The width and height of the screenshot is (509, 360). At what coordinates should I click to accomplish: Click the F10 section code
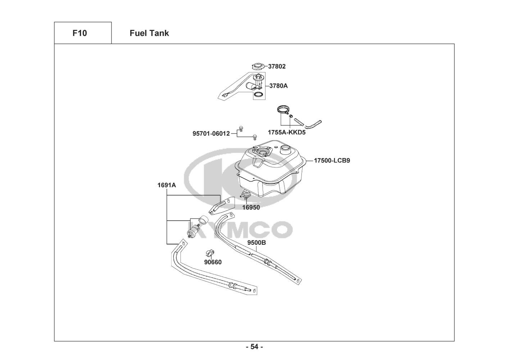coord(79,33)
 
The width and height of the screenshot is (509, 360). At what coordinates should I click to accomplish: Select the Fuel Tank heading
coord(149,33)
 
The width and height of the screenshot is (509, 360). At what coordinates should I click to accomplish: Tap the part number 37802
coord(277,67)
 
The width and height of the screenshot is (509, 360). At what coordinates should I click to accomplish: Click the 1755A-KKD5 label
coord(287,132)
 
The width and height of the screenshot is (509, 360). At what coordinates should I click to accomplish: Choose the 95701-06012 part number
coord(211,134)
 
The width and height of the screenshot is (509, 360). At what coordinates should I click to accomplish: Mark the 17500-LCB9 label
coord(332,161)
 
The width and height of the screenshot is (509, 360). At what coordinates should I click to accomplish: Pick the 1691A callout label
coord(167,185)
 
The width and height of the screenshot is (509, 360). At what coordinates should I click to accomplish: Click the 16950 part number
coord(251,207)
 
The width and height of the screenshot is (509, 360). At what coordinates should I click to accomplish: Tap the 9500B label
coord(256,243)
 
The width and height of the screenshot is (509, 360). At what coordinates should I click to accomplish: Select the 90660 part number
coord(213,262)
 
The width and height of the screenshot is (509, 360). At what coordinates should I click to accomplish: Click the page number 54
coord(254,347)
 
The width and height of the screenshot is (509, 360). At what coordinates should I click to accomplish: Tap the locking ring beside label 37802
coord(258,66)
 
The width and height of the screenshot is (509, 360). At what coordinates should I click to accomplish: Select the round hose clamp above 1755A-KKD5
coord(283,109)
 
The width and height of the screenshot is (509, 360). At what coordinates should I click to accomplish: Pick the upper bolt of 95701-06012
coord(241,129)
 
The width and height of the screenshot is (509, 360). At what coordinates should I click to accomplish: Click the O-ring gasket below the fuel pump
coord(258,95)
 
